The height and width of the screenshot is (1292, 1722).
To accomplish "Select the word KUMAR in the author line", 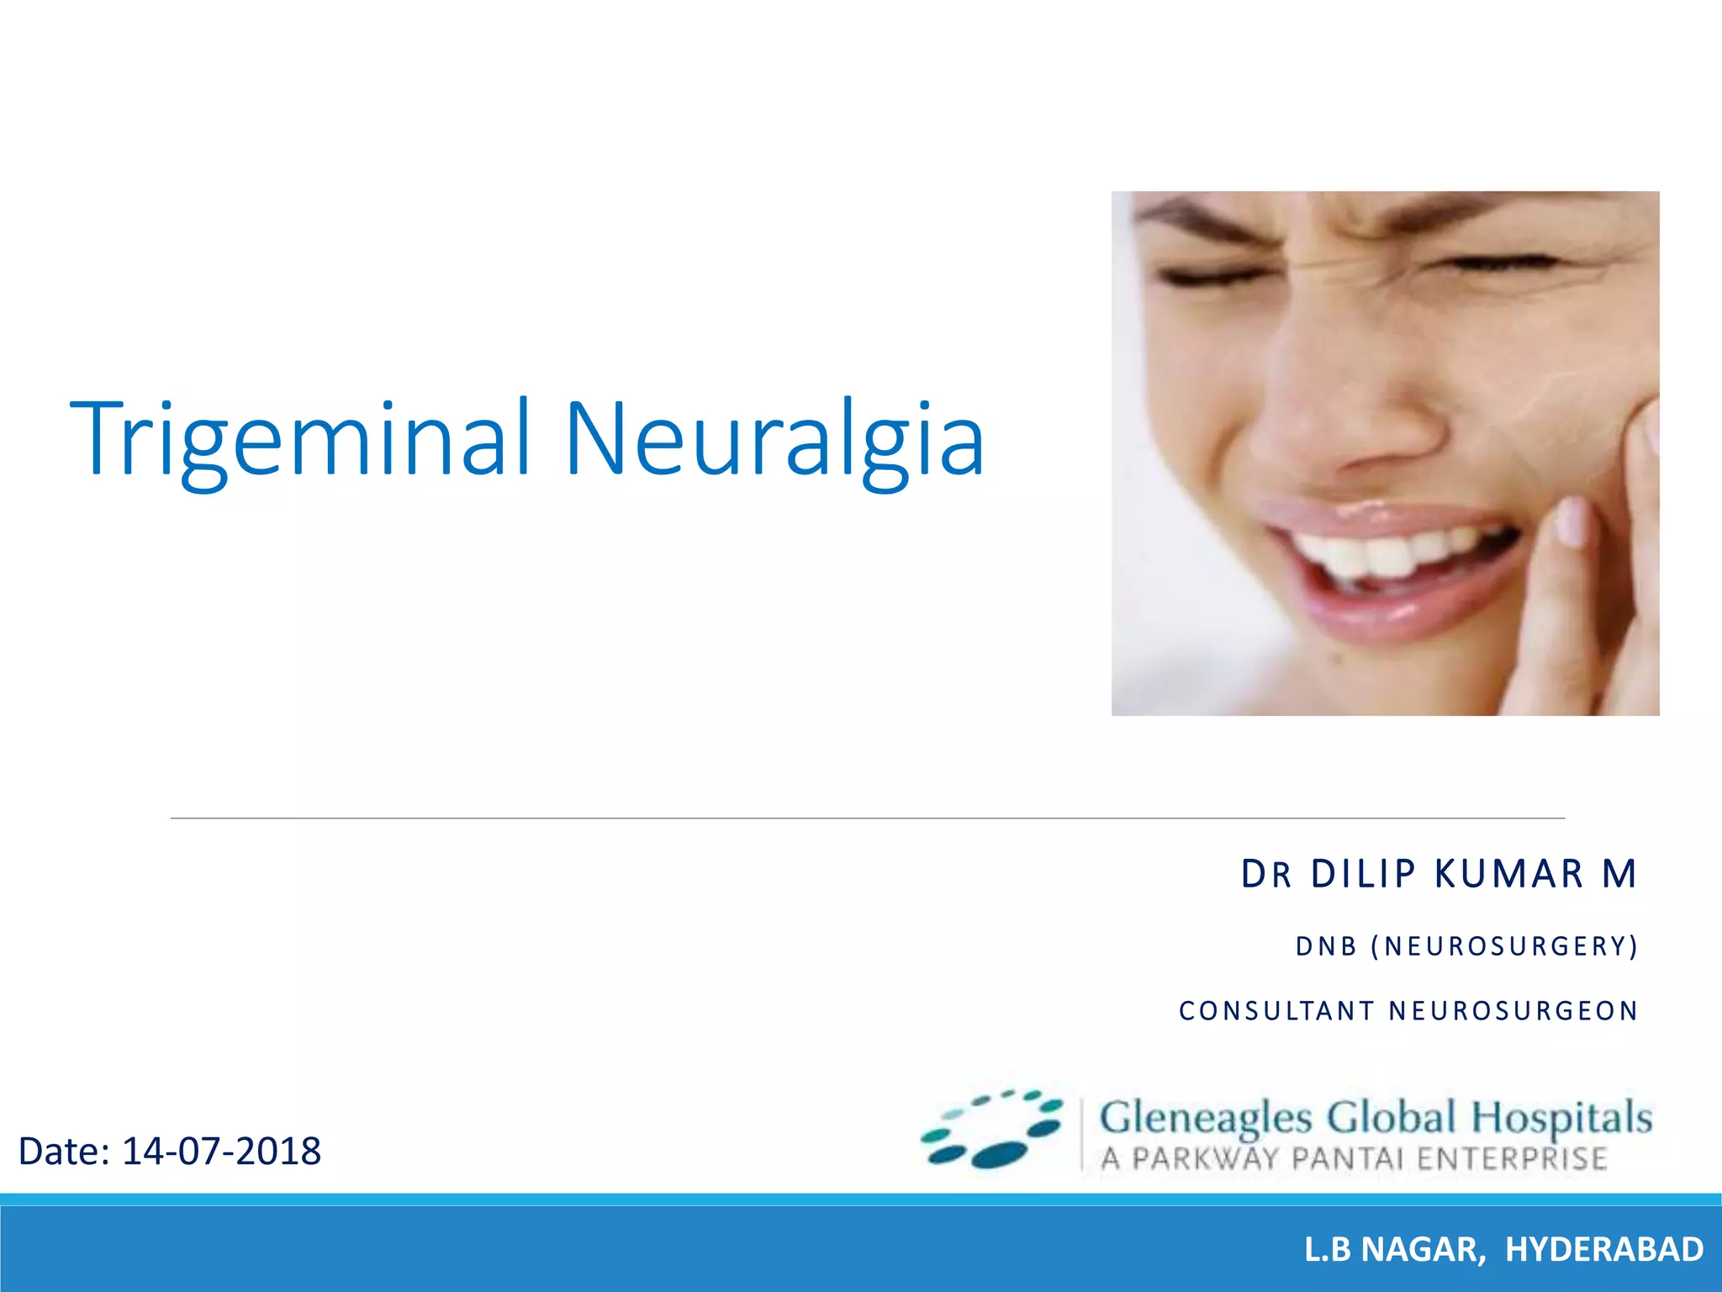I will [1509, 874].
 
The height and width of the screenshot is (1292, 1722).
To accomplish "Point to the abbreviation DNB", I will [1326, 947].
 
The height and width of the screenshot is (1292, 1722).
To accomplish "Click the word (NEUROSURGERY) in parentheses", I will [1504, 947].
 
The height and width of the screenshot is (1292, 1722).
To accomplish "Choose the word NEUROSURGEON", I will [1513, 1011].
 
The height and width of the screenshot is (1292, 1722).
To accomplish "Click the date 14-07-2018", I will [221, 1152].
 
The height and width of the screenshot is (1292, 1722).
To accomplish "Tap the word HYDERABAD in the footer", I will [1604, 1250].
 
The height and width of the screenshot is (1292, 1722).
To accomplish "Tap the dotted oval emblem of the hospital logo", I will [992, 1130].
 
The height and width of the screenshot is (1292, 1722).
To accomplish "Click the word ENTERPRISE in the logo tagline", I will [1512, 1159].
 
